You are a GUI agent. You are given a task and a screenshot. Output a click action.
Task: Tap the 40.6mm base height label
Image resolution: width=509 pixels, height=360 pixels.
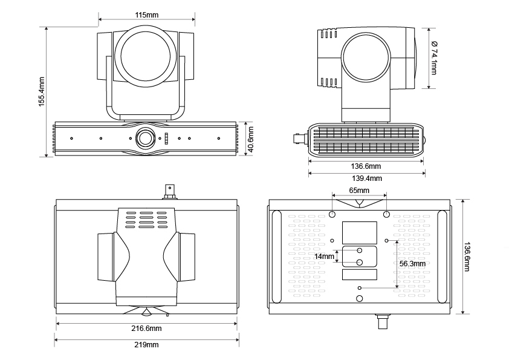pos(250,140)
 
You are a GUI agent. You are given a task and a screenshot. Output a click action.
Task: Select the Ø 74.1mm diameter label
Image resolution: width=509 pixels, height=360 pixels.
pos(433,57)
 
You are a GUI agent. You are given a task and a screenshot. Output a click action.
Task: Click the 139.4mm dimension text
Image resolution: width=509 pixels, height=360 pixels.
pos(367,178)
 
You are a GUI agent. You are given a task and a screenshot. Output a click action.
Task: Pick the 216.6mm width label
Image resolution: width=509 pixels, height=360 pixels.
pos(147,329)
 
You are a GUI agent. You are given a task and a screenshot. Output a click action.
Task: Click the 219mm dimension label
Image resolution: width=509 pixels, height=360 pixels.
pos(147,345)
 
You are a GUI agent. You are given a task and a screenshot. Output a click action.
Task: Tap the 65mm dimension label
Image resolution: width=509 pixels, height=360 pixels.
pos(360,190)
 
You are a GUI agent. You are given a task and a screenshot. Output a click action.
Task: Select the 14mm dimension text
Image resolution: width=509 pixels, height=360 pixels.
pos(324,257)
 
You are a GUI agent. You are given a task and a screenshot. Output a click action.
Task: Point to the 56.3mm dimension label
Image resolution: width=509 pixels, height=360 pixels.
pos(412,264)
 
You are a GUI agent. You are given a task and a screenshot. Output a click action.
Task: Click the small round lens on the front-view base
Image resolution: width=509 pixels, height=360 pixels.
pos(146,137)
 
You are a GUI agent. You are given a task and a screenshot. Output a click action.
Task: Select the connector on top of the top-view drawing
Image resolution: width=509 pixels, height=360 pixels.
pos(169,192)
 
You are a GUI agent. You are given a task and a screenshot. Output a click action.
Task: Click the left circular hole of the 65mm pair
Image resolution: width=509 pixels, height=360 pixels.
pos(332,214)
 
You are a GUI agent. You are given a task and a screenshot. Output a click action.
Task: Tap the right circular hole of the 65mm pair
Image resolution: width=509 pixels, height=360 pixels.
pos(386,214)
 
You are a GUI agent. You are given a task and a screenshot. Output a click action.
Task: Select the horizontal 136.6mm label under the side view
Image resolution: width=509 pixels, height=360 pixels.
pos(366,166)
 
